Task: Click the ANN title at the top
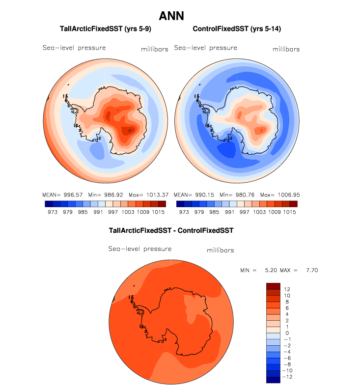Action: (x=171, y=16)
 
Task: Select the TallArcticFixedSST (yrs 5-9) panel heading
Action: (x=105, y=29)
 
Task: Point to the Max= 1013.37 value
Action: (x=148, y=195)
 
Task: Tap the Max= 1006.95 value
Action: (x=279, y=195)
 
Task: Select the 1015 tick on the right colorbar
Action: (x=290, y=212)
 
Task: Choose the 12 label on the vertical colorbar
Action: (x=287, y=289)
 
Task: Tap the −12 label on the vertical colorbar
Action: (x=288, y=377)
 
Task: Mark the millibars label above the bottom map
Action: (x=220, y=250)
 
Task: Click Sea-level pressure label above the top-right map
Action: (x=206, y=48)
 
